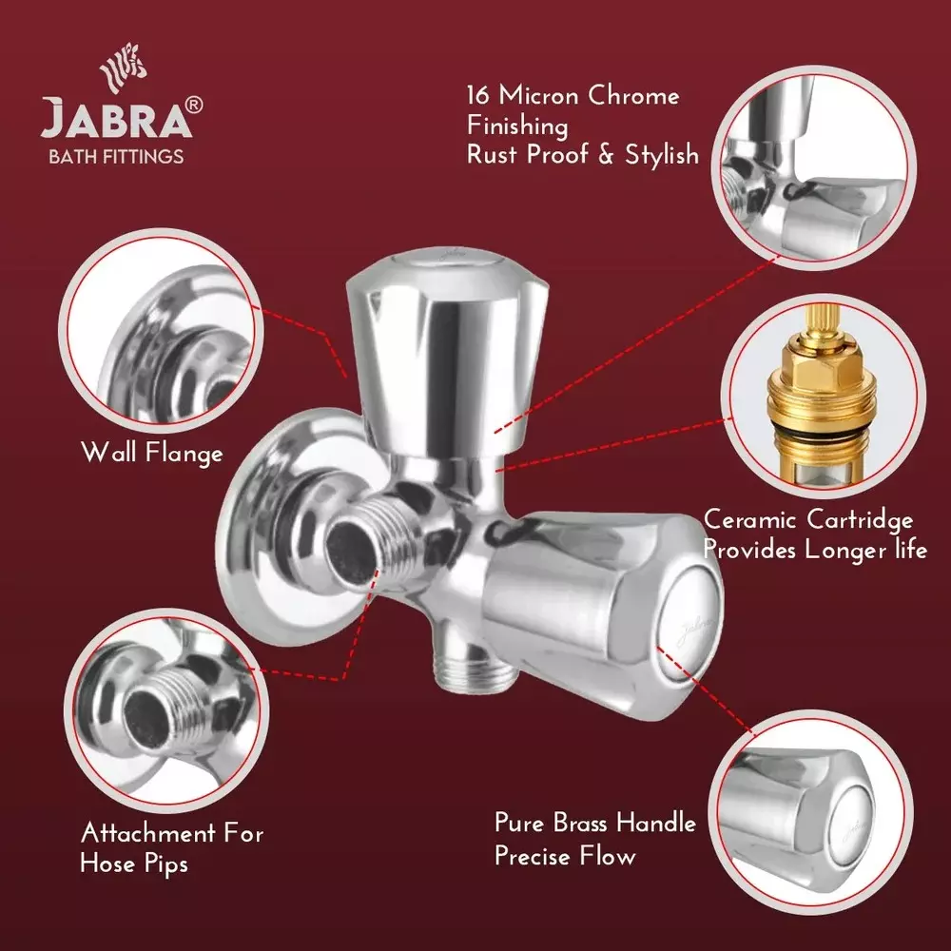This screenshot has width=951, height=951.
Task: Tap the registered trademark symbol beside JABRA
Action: (193, 107)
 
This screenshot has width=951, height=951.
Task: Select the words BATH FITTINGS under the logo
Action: (116, 156)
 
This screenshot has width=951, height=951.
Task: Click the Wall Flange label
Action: (152, 452)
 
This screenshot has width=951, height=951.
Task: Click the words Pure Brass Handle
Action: (595, 823)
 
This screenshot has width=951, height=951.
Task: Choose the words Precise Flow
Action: (564, 856)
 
